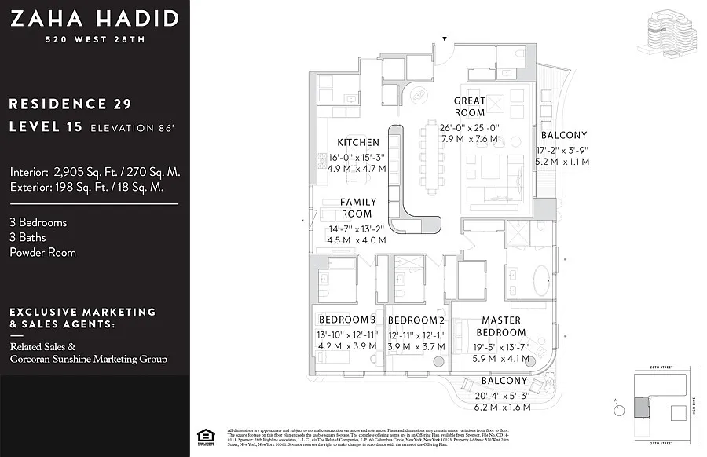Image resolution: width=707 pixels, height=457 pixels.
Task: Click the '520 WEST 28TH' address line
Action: point(93,39)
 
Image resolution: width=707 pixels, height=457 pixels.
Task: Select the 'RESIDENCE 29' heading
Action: point(70,104)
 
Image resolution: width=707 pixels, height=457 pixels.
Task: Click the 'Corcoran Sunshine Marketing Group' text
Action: point(88,359)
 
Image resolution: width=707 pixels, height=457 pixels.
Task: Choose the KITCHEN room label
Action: point(358,143)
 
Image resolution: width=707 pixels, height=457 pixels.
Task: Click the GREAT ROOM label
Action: point(470,107)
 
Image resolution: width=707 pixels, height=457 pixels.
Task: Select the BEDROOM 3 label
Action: point(346,320)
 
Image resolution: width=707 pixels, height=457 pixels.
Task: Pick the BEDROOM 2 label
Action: point(416,320)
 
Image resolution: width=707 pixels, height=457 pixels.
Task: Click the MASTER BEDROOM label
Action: point(501,326)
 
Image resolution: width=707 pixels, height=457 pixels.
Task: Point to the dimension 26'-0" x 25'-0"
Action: point(470,128)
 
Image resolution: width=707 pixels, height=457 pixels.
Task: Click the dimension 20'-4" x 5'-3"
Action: point(504,395)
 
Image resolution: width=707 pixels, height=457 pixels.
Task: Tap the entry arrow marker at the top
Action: point(445,38)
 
